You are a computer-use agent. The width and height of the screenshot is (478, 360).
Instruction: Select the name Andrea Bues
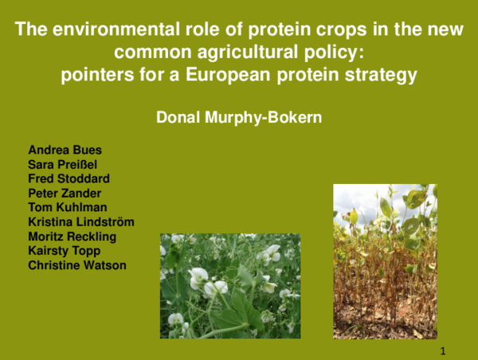pyautogui.click(x=59, y=150)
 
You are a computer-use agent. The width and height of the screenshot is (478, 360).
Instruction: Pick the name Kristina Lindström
pyautogui.click(x=80, y=221)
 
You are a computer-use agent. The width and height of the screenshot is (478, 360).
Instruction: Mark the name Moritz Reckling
pyautogui.click(x=72, y=237)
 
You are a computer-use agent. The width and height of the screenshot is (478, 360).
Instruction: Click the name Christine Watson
pyautogui.click(x=77, y=265)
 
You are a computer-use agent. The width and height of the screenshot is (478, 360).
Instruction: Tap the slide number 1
pyautogui.click(x=443, y=351)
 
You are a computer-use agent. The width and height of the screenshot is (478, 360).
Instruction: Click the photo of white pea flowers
pyautogui.click(x=230, y=285)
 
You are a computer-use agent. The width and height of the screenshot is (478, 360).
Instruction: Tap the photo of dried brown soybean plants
pyautogui.click(x=385, y=261)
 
